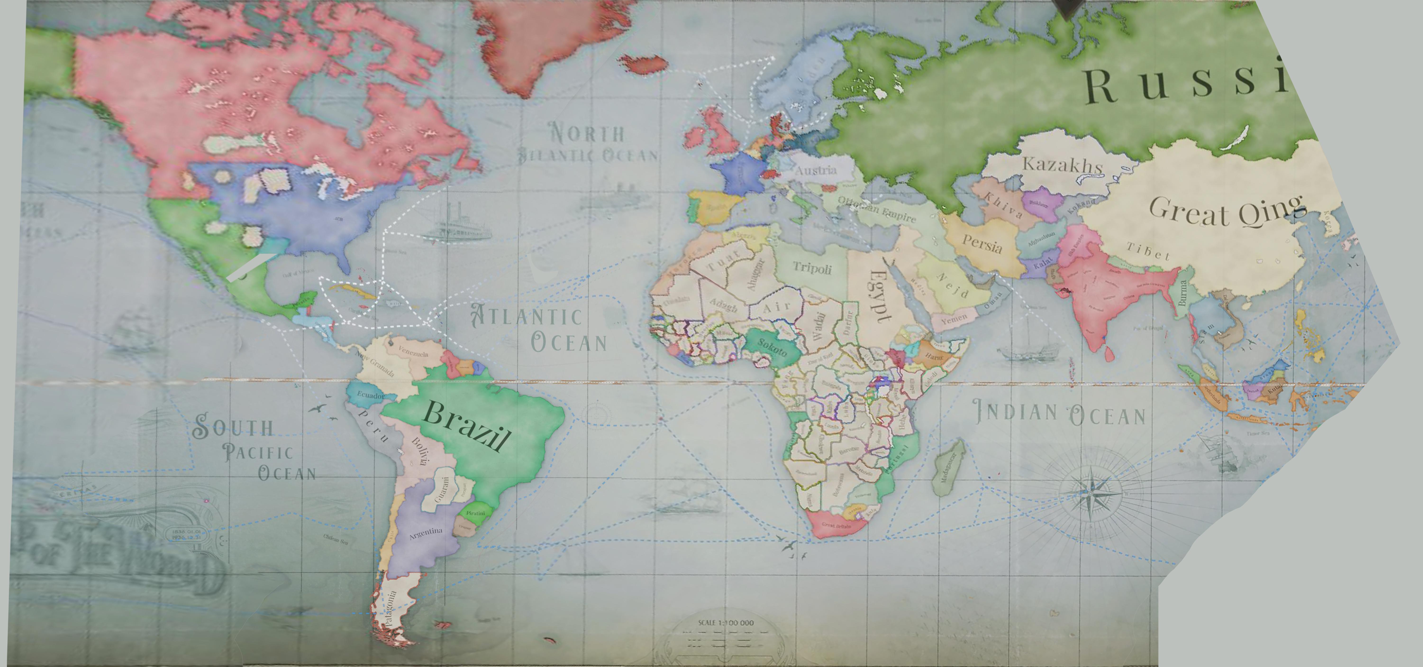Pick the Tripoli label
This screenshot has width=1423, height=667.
click(812, 268)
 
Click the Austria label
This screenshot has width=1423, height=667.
click(815, 170)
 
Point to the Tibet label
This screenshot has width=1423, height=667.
click(1148, 251)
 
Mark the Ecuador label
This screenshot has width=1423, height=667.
click(370, 395)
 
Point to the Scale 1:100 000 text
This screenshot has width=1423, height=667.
click(725, 623)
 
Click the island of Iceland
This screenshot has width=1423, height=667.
click(646, 64)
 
